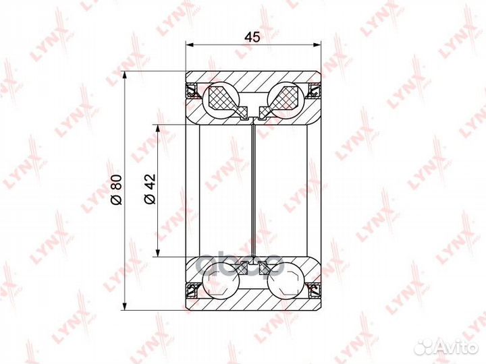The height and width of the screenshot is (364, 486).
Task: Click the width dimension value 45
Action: click(x=252, y=37)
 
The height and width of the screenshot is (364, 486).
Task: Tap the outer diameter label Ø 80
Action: click(x=117, y=189)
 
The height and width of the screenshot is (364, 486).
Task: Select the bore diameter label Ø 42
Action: click(x=150, y=189)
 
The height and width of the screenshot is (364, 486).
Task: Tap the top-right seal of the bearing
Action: click(x=314, y=90)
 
